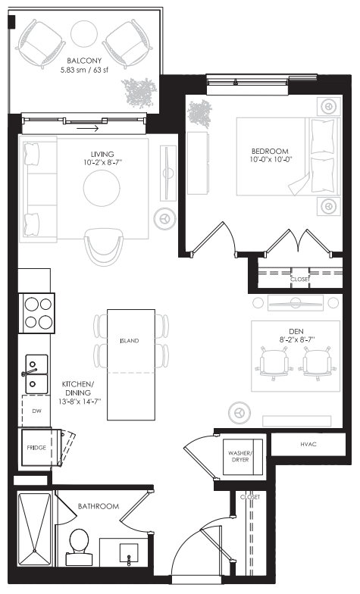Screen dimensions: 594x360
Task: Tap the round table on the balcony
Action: pyautogui.click(x=83, y=34)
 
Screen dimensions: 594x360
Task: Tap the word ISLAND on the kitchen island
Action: pyautogui.click(x=130, y=342)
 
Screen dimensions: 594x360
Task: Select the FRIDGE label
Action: pyautogui.click(x=36, y=449)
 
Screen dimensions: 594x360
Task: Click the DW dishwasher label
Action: pyautogui.click(x=36, y=411)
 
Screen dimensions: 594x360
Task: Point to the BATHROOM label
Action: pyautogui.click(x=98, y=506)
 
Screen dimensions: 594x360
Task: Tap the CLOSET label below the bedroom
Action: pyautogui.click(x=300, y=279)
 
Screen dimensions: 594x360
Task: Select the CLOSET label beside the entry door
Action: pyautogui.click(x=249, y=497)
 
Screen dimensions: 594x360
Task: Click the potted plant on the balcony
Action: pyautogui.click(x=141, y=92)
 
